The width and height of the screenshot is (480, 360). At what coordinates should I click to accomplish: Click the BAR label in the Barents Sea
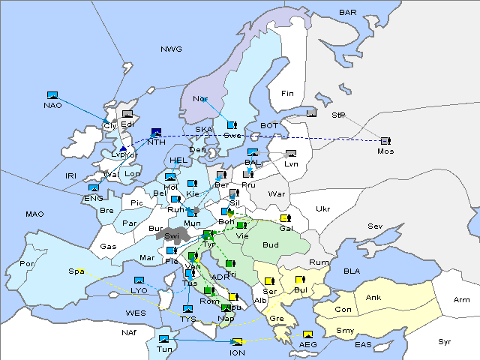[348, 13]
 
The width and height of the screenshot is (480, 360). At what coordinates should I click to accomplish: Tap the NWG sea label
[171, 49]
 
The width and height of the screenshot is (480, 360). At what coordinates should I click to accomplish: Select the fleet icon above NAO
[52, 95]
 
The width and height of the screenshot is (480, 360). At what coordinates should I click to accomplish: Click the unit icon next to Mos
[385, 141]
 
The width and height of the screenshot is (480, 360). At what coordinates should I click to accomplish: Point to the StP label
[338, 116]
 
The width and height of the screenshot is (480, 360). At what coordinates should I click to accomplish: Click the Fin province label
[287, 94]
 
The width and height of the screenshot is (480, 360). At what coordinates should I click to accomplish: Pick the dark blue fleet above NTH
[156, 131]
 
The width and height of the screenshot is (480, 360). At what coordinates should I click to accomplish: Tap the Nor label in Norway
[200, 99]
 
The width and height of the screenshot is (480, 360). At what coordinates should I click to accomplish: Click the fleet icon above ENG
[94, 188]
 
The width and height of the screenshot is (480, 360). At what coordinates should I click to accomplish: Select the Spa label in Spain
[76, 271]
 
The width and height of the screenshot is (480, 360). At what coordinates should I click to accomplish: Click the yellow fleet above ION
[237, 343]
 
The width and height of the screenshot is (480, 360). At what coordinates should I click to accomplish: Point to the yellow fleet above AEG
[307, 334]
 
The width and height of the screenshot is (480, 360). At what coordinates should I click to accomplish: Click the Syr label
[445, 342]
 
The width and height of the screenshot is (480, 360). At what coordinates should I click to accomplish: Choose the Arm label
[461, 300]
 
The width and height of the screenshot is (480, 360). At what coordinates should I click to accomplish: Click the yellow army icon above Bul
[300, 280]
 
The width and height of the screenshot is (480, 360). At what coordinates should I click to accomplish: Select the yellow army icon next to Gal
[285, 218]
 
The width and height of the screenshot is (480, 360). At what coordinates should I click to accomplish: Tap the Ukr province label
[322, 209]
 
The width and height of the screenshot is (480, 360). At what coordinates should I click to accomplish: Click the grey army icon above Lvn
[291, 154]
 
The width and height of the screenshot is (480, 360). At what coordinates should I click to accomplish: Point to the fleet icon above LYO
[139, 280]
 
